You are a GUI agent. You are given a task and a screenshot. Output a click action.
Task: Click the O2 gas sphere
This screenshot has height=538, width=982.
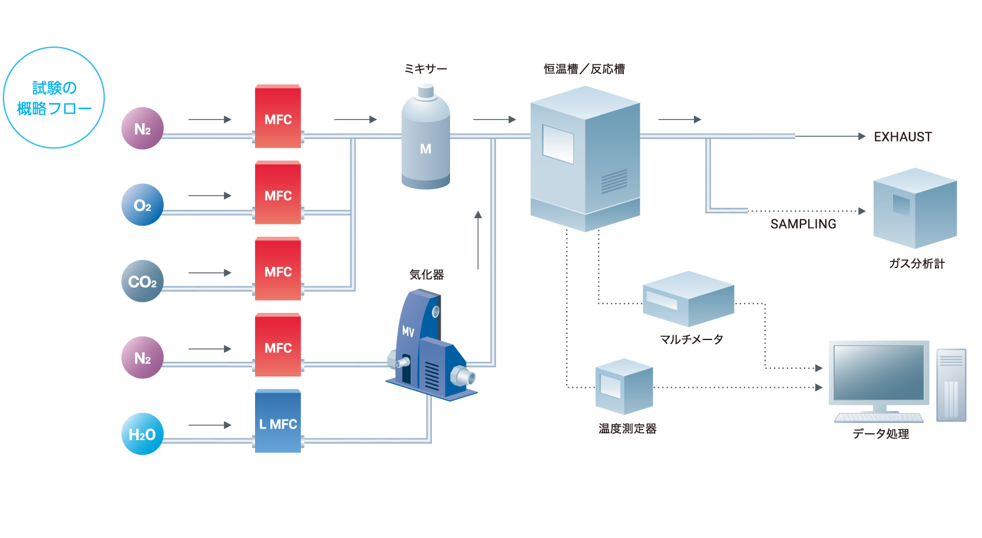pos(143,204)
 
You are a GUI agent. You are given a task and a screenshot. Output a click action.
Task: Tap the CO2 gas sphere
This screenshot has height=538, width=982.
pos(143,281)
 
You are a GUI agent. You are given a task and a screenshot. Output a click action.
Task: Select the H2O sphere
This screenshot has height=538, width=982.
pos(143,434)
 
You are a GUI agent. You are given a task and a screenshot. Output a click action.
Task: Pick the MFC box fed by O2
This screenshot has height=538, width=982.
pos(278,193)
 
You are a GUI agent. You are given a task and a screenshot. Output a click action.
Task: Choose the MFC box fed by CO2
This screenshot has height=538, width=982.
pos(278,269)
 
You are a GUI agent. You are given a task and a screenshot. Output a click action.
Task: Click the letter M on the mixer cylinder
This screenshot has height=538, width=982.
pos(426,149)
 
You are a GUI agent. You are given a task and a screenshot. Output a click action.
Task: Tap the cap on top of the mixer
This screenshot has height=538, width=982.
pos(426,91)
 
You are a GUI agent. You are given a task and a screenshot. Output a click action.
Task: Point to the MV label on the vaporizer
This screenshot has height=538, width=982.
pos(408,332)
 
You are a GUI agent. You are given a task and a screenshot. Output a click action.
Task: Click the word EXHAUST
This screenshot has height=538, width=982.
pos(902,137)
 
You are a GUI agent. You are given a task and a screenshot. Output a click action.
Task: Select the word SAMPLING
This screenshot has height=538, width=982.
pos(803,224)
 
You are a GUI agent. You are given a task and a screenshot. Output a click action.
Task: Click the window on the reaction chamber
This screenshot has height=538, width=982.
pos(558,144)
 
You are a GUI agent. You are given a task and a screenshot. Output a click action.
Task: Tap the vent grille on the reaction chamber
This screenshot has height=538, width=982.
pos(614,181)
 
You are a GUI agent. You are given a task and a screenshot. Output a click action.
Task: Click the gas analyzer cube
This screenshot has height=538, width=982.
pos(915,208)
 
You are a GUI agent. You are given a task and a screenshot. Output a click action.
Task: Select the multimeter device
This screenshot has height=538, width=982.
pos(688,299)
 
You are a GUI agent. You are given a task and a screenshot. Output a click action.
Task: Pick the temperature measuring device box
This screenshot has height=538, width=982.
pos(624,387)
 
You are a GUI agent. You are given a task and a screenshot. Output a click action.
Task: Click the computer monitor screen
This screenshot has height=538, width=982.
pos(878,372)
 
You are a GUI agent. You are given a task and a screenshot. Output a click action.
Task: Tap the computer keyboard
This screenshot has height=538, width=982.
pos(878,418)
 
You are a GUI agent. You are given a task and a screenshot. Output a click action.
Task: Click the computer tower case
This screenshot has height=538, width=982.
pos(951,385)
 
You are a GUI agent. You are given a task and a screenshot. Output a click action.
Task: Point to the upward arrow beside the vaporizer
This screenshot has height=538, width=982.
pos(478,240)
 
